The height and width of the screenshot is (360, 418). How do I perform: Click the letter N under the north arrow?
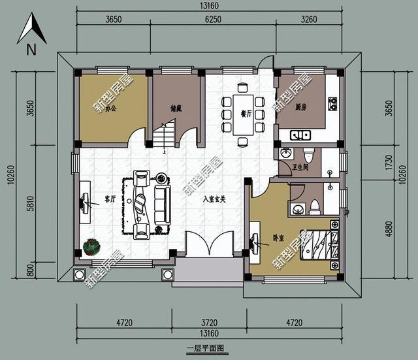(31, 50)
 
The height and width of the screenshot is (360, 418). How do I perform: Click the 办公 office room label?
(111, 108)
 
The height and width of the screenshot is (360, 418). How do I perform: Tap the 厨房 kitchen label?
(302, 107)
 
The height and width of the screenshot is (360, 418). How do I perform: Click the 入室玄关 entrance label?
(214, 199)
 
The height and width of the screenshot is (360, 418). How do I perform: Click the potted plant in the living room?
(92, 247)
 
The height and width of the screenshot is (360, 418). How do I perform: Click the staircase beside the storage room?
(165, 137)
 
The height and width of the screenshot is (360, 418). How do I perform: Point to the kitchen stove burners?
(332, 103)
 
